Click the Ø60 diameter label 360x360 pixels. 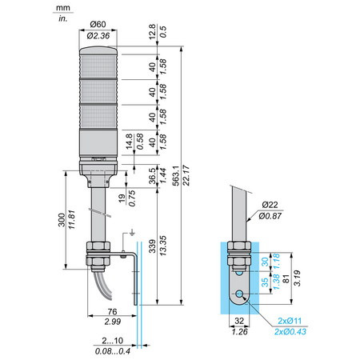98,24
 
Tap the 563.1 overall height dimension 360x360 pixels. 175,175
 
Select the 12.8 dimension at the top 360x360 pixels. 152,32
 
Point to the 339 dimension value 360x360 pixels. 152,246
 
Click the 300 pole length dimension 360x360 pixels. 62,220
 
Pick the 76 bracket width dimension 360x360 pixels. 112,311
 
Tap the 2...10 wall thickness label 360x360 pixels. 112,341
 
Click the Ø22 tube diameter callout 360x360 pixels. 270,205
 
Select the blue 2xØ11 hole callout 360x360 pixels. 290,321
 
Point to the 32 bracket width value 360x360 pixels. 239,321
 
